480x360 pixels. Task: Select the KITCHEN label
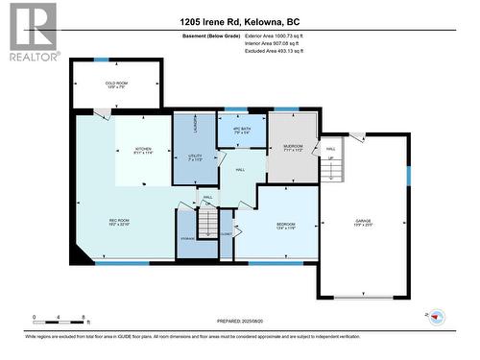pos(143,151)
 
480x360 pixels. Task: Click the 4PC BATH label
pos(241,130)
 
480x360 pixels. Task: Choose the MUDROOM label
pos(292,149)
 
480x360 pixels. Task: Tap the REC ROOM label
pos(118,222)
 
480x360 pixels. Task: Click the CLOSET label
pos(227,232)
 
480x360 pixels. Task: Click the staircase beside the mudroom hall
pos(332,169)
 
